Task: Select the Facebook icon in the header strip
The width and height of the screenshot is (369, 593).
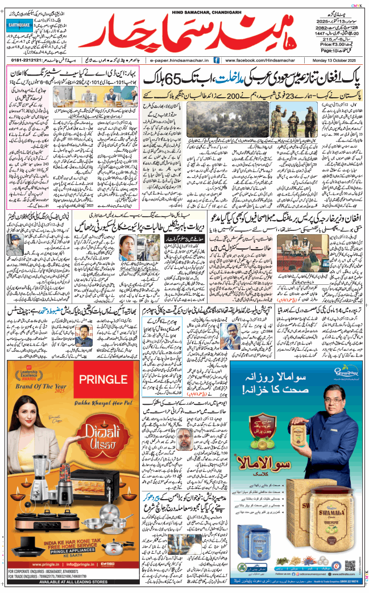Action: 218,60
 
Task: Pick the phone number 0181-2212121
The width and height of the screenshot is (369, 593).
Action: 23,60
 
